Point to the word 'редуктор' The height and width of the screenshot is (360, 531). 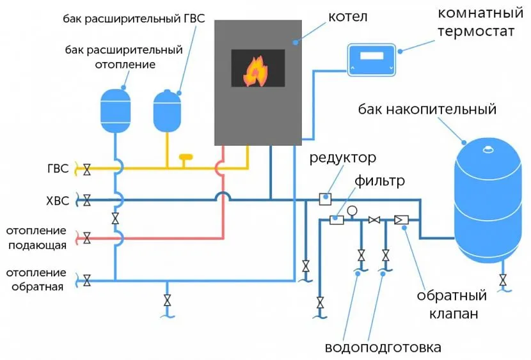point(342,158)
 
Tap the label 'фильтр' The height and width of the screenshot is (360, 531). point(381,181)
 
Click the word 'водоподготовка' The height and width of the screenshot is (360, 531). point(383,348)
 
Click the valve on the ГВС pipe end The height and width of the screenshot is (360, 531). point(86,169)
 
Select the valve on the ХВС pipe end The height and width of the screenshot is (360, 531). point(86,201)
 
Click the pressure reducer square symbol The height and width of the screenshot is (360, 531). point(324,200)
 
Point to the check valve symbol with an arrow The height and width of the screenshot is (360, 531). point(402,220)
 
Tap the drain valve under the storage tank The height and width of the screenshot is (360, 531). point(503,279)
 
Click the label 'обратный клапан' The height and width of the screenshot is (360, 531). point(452,304)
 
